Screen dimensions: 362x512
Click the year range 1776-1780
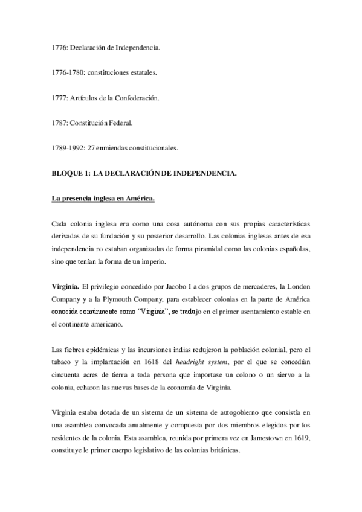tap(68, 72)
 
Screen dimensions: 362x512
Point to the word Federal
tap(120, 123)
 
